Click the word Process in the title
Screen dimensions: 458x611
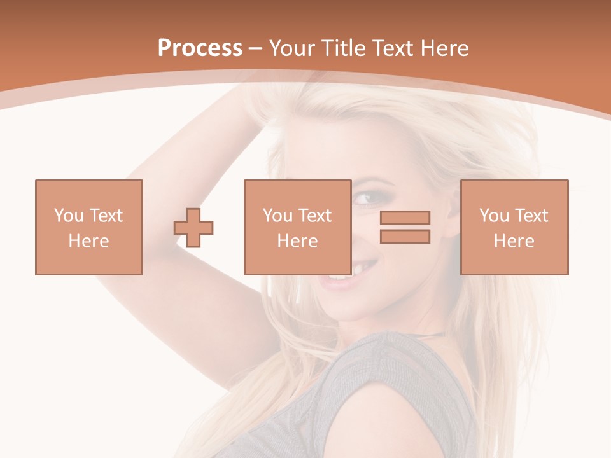tap(200, 48)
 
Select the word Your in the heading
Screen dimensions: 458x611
tap(291, 48)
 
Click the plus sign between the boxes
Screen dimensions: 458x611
tap(193, 227)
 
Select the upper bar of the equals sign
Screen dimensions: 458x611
tap(405, 218)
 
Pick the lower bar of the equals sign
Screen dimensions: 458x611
tap(405, 236)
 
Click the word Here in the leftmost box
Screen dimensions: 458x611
tap(88, 241)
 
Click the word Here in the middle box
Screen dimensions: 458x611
tap(297, 241)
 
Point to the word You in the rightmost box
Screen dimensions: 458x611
tap(494, 216)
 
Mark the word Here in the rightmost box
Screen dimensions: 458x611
tap(514, 241)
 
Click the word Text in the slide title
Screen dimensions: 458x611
tap(391, 48)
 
